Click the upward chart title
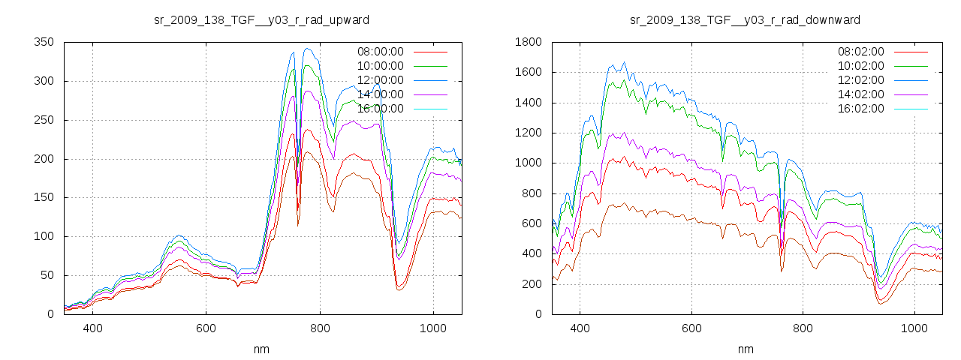click(x=261, y=19)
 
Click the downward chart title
click(x=745, y=19)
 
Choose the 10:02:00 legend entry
click(x=860, y=66)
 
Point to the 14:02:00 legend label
click(x=860, y=94)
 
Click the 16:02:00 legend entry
click(x=860, y=109)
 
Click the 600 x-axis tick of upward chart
click(x=206, y=328)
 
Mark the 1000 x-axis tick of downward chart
click(x=914, y=328)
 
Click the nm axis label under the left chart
click(x=261, y=349)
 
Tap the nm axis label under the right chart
click(x=745, y=349)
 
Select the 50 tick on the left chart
click(x=47, y=275)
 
